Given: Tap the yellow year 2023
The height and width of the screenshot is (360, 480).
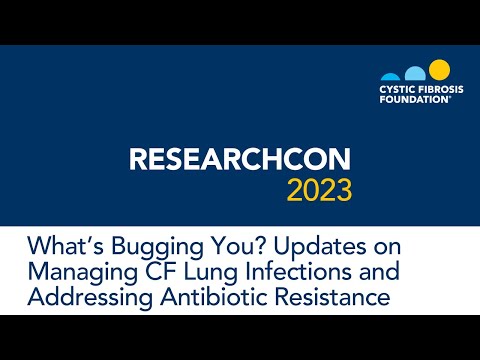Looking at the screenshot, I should [x=321, y=189].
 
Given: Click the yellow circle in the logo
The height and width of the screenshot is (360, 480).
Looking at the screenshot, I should [x=439, y=70].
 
